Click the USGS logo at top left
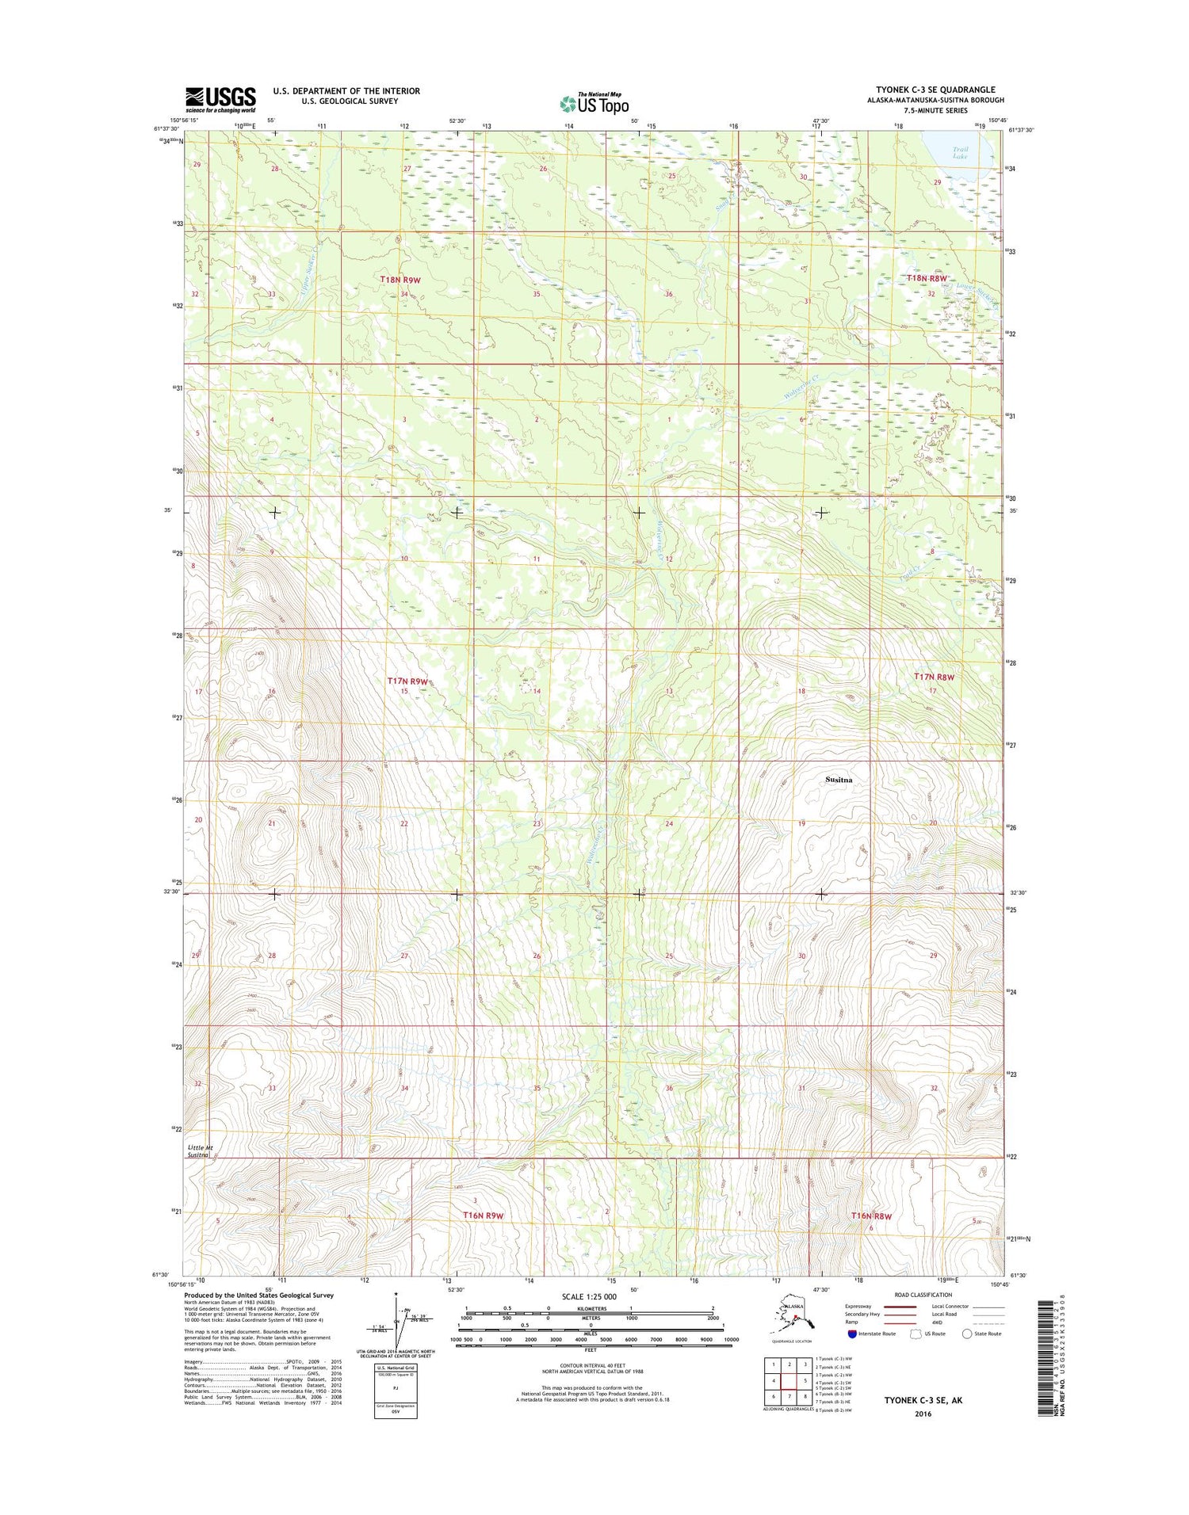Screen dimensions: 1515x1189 220,100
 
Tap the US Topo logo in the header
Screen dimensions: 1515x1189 594,103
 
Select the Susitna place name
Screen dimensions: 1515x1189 839,780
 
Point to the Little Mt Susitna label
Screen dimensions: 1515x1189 200,1151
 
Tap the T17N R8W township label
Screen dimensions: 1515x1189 934,677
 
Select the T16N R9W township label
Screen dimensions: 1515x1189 483,1215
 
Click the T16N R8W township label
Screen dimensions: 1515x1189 871,1215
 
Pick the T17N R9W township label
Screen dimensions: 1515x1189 407,681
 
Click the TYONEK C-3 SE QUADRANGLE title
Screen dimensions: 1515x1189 935,90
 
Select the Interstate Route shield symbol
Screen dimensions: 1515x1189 852,1334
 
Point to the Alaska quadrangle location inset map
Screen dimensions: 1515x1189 789,1316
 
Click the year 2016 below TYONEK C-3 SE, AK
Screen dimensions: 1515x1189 923,1414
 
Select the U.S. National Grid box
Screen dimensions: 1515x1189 396,1391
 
